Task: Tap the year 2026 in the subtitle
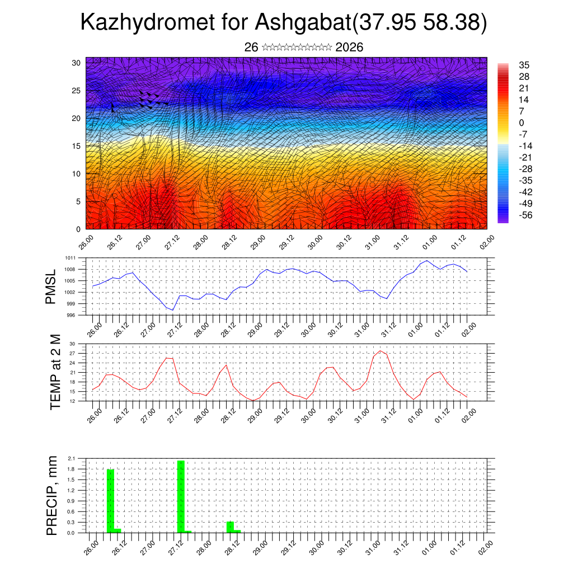[x=349, y=48]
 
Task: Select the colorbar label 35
[x=524, y=65]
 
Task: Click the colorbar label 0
[x=522, y=123]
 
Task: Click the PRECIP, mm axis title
[x=52, y=495]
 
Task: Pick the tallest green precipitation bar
[x=181, y=496]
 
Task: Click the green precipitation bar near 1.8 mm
[x=110, y=501]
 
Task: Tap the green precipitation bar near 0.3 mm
[x=230, y=527]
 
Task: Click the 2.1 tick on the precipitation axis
[x=71, y=458]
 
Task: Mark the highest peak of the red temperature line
[x=381, y=351]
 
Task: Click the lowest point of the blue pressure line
[x=173, y=310]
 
